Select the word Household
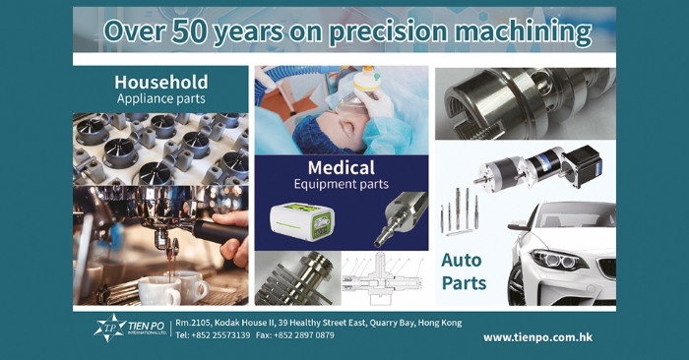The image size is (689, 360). pos(161,82)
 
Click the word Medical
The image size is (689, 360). pos(342,167)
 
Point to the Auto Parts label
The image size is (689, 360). pos(464,271)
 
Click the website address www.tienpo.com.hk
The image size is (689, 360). pos(537,337)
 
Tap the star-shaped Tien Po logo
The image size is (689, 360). pos(109,328)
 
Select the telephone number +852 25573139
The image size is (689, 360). pos(220,335)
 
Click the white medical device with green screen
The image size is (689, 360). pos(302,221)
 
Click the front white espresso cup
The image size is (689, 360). pos(159,290)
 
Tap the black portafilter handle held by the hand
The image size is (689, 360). pos(219,232)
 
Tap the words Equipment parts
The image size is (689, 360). pos(342,184)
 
